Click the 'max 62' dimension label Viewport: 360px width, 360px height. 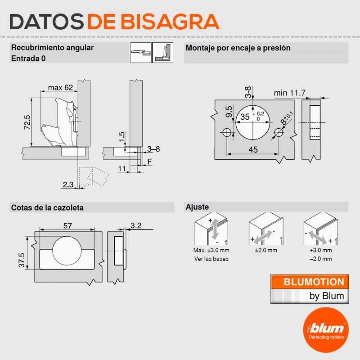pos(60,87)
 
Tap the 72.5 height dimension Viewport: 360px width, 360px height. pos(27,122)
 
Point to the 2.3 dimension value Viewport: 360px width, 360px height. pos(68,184)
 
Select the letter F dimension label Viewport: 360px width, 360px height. pos(150,162)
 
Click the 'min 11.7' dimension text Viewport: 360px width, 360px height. pos(290,93)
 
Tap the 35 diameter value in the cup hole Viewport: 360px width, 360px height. pos(245,117)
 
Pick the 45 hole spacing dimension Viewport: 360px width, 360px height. pos(253,150)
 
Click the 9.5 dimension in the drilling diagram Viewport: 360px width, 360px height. pos(229,112)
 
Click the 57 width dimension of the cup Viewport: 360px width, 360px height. pos(67,226)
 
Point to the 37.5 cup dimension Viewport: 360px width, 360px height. pos(22,261)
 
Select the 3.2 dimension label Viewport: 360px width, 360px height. pos(136,225)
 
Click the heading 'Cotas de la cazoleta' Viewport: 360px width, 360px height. pos(47,208)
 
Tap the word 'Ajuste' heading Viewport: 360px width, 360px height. pos(197,207)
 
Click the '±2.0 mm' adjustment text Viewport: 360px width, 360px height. pos(266,250)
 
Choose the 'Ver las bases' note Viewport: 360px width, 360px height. pos(211,259)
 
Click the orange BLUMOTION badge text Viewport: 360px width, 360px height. pos(314,282)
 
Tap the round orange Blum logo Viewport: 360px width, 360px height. pos(326,330)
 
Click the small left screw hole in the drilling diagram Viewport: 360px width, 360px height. pos(227,132)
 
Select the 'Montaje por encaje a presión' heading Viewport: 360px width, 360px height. pos(238,48)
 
